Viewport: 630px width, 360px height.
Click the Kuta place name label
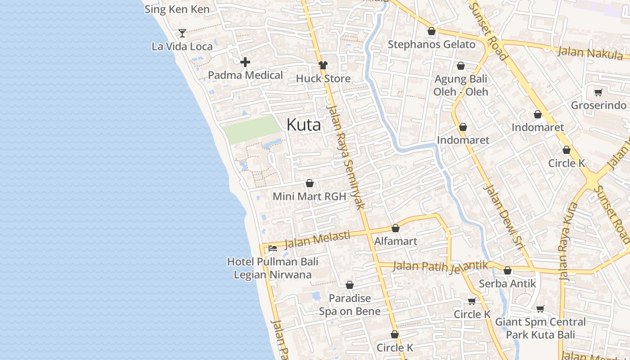(304, 125)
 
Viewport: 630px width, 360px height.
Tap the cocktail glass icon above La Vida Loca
(182, 33)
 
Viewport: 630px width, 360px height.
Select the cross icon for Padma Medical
(245, 62)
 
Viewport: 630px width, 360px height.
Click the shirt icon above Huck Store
(323, 66)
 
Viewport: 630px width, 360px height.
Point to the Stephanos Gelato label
(431, 45)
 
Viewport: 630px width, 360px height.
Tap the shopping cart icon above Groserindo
(598, 93)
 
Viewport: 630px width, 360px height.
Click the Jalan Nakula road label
(590, 53)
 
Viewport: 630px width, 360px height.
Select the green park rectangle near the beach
(252, 129)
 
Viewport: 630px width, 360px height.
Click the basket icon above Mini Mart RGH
(310, 184)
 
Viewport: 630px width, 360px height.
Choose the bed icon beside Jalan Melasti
(273, 248)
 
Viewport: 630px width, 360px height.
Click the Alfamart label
(396, 241)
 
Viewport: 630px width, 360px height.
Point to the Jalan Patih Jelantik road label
(440, 266)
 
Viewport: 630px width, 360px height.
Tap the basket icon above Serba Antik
(508, 271)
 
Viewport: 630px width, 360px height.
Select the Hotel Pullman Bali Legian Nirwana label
(272, 268)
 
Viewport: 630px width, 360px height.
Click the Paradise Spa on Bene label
(350, 305)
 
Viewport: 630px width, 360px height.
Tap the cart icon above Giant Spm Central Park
(540, 309)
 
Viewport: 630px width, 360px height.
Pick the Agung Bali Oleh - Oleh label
(460, 85)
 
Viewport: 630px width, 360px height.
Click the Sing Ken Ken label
(177, 9)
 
